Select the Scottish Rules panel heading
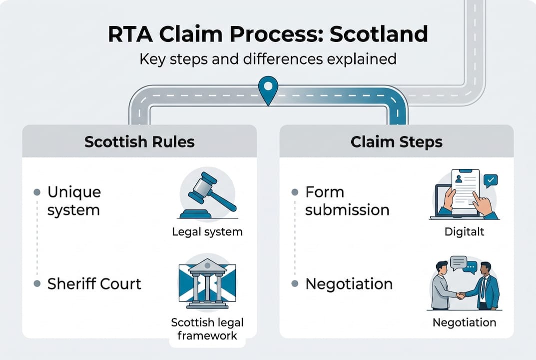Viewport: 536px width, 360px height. (139, 141)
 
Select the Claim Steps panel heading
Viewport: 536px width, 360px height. (397, 141)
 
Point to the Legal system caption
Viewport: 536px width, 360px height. (207, 232)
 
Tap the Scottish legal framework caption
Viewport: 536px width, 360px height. (207, 328)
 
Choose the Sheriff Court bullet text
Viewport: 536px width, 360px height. (94, 284)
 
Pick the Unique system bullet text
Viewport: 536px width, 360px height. (74, 200)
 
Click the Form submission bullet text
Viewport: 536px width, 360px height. (347, 200)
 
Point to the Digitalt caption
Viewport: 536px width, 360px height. (464, 232)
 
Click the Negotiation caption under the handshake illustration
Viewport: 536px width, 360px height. (464, 322)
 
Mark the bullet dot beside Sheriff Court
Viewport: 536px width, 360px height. (36, 284)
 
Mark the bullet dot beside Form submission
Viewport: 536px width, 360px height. (294, 192)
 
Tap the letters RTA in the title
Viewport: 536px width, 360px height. (129, 34)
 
